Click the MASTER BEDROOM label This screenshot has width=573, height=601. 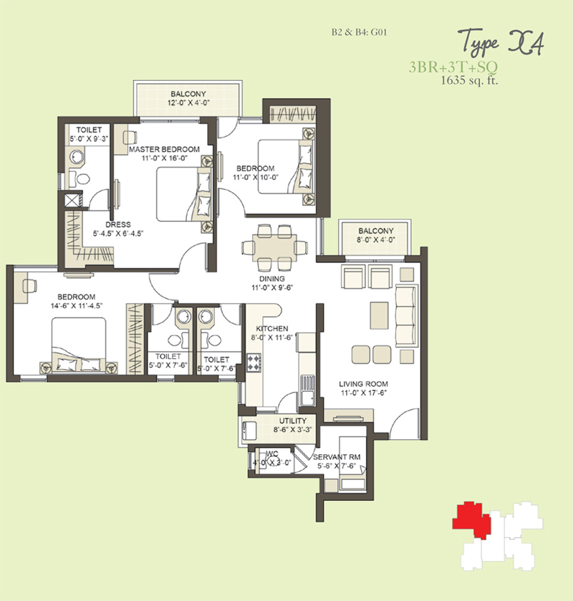click(164, 149)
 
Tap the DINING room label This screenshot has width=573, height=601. click(272, 279)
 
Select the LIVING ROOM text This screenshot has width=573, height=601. click(363, 384)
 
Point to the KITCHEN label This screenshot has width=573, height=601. click(272, 329)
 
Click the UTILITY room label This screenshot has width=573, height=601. click(293, 420)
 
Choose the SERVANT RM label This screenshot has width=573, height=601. click(337, 457)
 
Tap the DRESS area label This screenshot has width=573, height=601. click(118, 225)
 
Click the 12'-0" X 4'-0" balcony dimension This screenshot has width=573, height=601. click(188, 102)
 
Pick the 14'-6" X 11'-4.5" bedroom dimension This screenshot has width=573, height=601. click(77, 306)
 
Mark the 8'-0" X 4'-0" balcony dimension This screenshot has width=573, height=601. click(376, 240)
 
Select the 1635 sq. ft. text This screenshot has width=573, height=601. click(470, 80)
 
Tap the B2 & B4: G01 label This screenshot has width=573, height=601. click(359, 32)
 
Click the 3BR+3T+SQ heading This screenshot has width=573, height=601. click(453, 67)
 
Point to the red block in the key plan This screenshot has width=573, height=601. click(471, 519)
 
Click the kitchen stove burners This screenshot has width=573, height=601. click(254, 362)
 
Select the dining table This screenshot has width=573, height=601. click(274, 248)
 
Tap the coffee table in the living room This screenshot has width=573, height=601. click(379, 315)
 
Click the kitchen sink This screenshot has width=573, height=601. click(307, 390)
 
